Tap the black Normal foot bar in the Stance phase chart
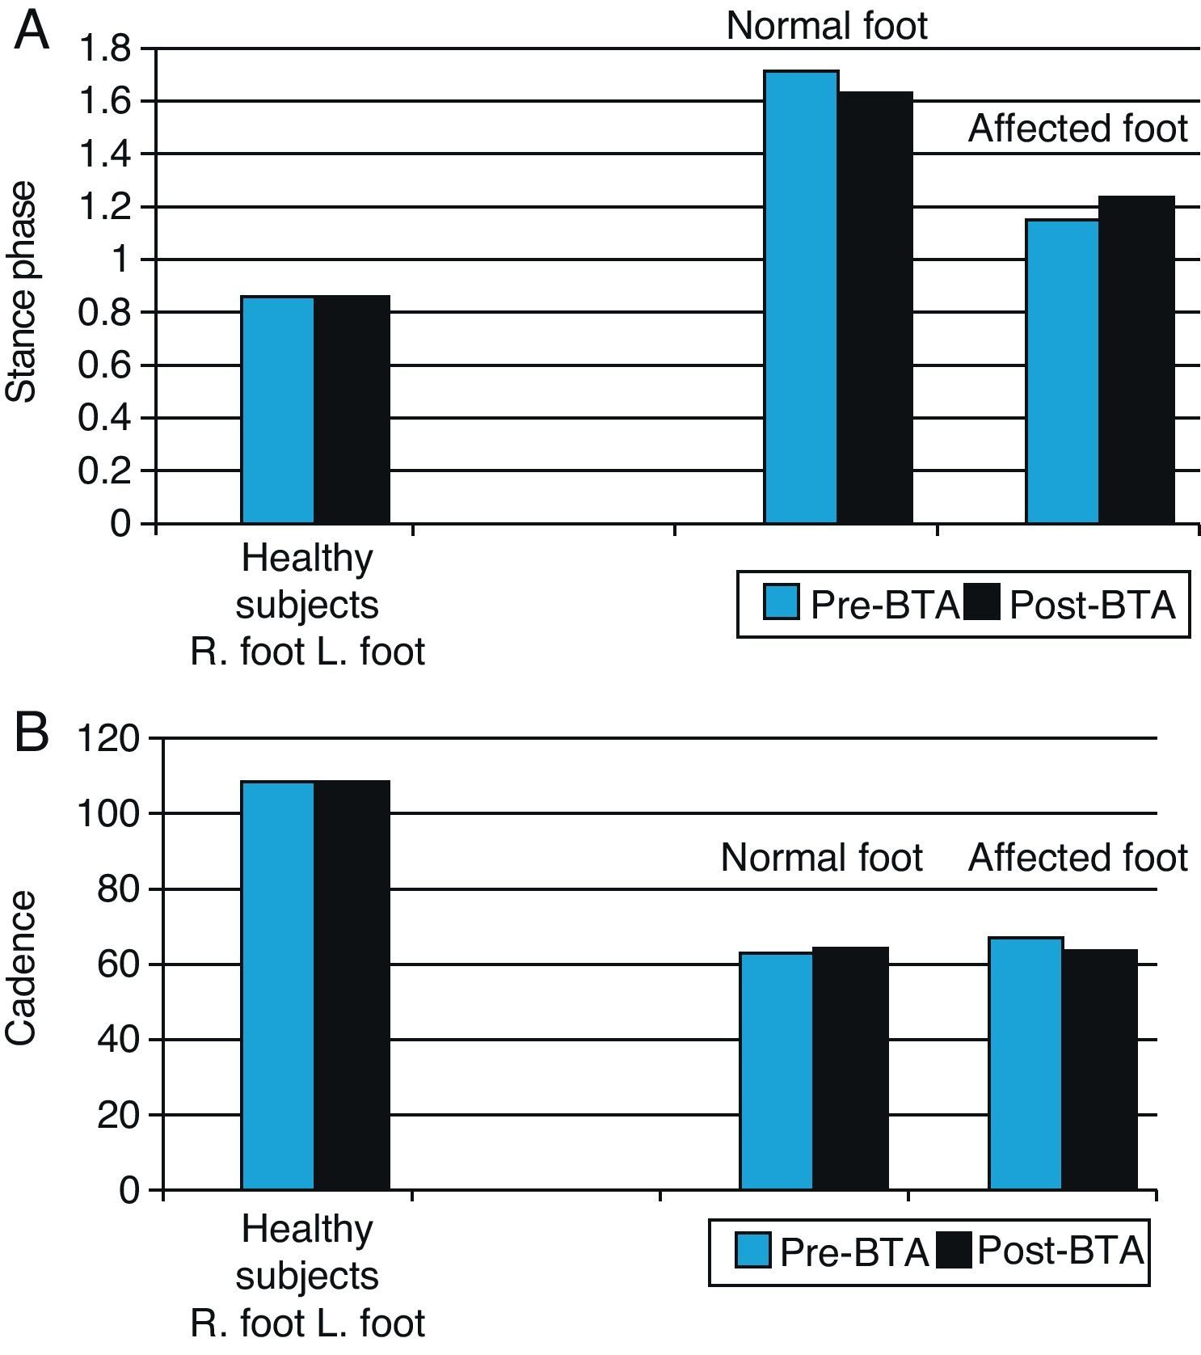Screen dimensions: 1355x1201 point(875,307)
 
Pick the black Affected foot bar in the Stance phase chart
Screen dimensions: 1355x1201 point(1136,360)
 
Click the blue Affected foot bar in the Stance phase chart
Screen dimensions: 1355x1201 point(1062,372)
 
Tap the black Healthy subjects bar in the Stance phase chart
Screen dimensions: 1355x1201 point(352,409)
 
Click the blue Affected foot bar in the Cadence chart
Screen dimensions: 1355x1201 point(1025,1063)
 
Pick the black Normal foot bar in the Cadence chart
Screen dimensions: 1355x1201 point(850,1068)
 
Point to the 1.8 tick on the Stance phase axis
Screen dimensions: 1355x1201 point(103,50)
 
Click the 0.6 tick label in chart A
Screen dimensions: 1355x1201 point(103,366)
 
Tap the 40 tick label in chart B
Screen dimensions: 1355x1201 point(118,1040)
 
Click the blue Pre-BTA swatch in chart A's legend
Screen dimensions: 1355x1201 point(781,603)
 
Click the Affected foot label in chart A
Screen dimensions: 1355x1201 point(1077,129)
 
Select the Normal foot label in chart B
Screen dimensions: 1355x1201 point(821,857)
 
